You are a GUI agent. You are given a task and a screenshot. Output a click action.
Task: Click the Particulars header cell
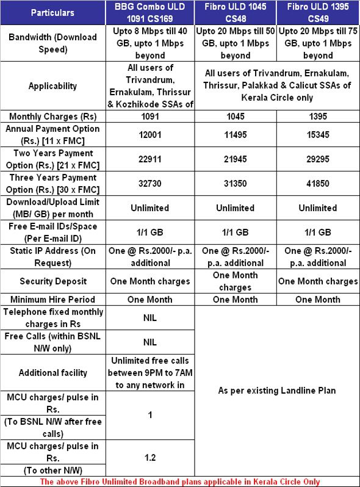point(52,12)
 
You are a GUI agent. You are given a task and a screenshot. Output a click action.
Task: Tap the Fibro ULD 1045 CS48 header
point(235,12)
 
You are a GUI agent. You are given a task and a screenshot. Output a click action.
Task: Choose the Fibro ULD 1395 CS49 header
point(317,12)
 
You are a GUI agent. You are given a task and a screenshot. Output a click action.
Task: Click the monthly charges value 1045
point(235,116)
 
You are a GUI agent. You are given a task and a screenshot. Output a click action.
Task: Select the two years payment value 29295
point(317,159)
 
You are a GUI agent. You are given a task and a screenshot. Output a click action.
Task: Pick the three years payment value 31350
point(235,183)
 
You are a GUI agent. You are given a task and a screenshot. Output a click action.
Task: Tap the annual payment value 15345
point(317,135)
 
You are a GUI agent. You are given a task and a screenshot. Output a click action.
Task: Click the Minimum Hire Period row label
point(52,300)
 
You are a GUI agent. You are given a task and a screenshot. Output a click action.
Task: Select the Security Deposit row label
point(52,281)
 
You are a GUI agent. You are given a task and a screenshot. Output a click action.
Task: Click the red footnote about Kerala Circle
point(179,482)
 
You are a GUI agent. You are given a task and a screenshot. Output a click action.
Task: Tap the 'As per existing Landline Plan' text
point(276,391)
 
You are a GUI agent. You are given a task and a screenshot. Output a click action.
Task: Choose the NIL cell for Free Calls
point(150,342)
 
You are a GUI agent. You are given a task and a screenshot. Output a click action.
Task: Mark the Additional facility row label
point(52,373)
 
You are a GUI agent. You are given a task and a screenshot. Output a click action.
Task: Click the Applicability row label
point(52,86)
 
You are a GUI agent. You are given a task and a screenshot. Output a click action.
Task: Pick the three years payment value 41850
point(317,183)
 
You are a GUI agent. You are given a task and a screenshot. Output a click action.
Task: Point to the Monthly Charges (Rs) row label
point(52,116)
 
